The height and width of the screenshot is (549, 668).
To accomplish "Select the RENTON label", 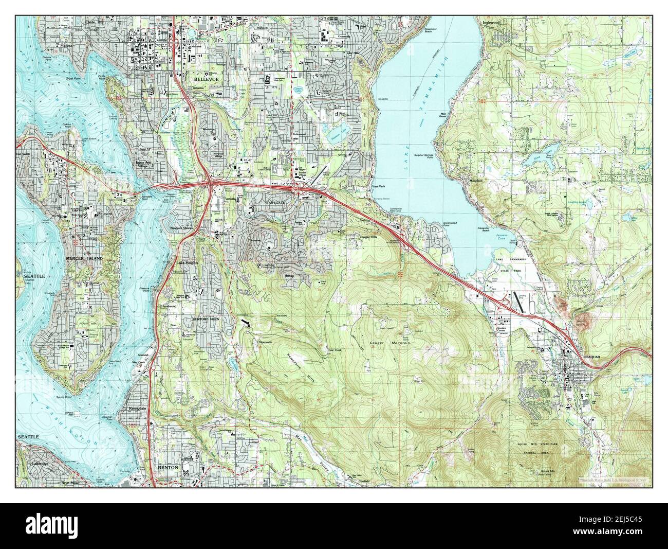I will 168,467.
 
